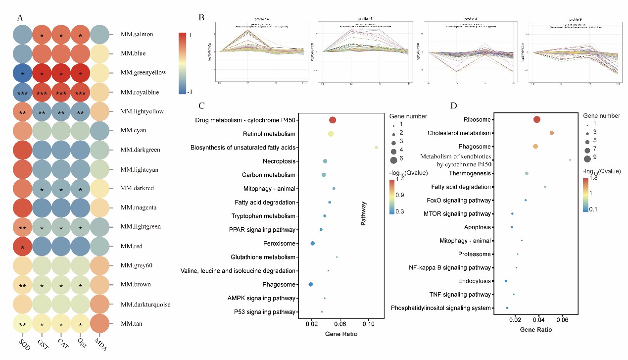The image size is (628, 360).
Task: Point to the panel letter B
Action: pos(201,17)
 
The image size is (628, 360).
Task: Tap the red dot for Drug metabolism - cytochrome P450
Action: pos(333,120)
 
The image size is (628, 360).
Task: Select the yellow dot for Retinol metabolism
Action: pos(331,134)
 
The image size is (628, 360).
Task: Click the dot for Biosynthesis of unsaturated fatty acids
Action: pos(376,148)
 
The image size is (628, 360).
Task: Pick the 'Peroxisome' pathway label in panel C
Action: pos(280,244)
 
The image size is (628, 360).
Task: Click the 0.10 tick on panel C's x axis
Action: pos(368,324)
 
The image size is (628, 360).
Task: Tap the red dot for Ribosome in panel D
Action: pos(537,119)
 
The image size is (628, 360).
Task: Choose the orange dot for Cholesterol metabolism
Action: pos(552,133)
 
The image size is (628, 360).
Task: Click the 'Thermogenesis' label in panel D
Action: pos(470,173)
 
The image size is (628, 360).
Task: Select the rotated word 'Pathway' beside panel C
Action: pos(363,213)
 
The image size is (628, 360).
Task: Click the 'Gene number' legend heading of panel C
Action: pos(408,116)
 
